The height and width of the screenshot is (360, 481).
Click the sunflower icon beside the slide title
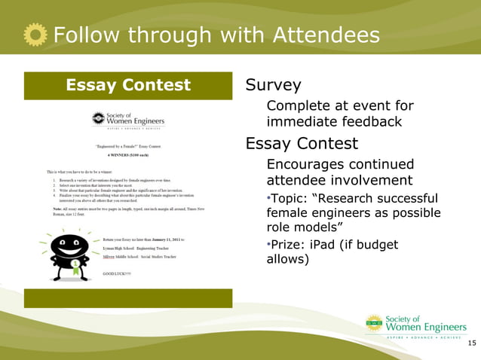coord(35,35)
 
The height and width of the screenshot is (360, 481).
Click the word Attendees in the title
coord(326,35)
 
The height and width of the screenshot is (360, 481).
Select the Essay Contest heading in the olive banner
coord(128,85)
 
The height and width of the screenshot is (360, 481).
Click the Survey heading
coord(273,85)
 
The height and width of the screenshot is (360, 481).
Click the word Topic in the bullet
coord(287,199)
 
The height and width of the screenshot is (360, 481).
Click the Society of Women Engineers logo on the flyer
coord(127,121)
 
